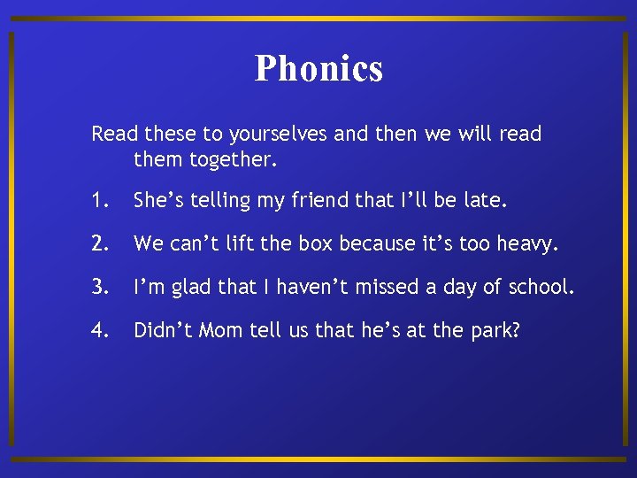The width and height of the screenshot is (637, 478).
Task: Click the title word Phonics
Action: [318, 68]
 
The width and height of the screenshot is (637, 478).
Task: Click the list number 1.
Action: [98, 201]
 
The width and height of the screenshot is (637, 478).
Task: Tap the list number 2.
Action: [99, 244]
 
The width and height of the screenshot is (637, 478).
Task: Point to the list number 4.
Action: [99, 331]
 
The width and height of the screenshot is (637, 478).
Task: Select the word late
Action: [487, 201]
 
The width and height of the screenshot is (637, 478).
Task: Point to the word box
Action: [317, 244]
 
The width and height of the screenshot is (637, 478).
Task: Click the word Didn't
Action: [164, 331]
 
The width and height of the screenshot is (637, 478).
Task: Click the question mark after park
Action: [515, 331]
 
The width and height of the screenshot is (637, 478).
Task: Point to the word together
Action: [229, 161]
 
